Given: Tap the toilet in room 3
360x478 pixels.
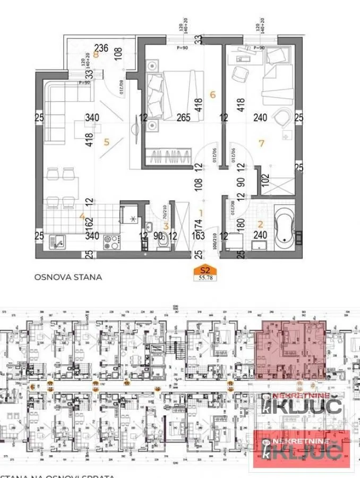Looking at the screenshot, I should click(x=164, y=243).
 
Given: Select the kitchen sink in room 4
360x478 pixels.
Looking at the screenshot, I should click(x=57, y=243).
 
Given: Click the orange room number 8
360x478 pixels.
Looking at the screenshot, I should click(x=96, y=54).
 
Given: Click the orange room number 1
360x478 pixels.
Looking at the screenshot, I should click(x=201, y=213).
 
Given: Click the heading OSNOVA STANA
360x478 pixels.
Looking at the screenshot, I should click(x=68, y=277).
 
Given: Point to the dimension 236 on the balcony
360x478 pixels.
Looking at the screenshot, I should click(x=101, y=48).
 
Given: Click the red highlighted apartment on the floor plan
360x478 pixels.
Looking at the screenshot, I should click(x=291, y=350).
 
